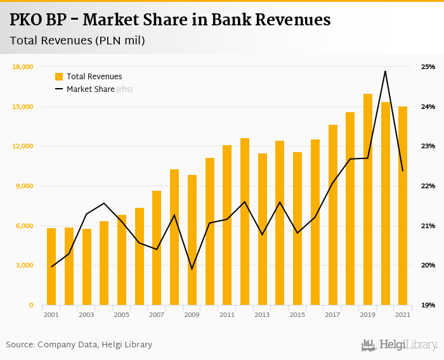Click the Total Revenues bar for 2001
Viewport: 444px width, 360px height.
[x=51, y=266]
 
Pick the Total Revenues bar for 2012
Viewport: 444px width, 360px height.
[x=245, y=222]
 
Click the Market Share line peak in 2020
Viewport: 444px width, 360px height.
[x=385, y=71]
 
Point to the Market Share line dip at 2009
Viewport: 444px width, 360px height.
[x=192, y=269]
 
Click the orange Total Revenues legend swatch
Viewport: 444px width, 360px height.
[x=59, y=77]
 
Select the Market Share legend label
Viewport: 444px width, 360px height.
[x=90, y=89]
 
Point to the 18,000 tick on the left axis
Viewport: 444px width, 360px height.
[x=23, y=67]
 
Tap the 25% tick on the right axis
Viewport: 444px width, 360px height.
[x=428, y=67]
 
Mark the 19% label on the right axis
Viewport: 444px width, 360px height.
[x=428, y=305]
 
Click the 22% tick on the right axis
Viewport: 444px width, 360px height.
[x=428, y=186]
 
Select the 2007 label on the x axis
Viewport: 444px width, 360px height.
[x=157, y=315]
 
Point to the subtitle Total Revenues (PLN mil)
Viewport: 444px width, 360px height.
[x=77, y=41]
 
